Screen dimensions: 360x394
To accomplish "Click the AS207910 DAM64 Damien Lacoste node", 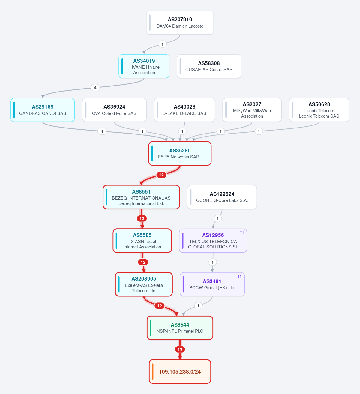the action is pyautogui.click(x=180, y=23).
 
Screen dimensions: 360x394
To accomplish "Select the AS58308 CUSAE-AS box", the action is pyautogui.click(x=209, y=66).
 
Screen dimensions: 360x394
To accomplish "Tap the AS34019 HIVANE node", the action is pyautogui.click(x=144, y=66).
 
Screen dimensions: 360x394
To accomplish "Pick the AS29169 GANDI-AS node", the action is pyautogui.click(x=43, y=110).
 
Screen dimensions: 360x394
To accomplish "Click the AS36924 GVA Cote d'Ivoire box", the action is pyautogui.click(x=114, y=110).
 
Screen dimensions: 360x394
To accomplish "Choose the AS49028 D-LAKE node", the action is pyautogui.click(x=184, y=110).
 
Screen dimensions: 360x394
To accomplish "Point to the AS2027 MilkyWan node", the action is pyautogui.click(x=252, y=110).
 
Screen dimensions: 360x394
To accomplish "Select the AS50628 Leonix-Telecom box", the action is pyautogui.click(x=319, y=110).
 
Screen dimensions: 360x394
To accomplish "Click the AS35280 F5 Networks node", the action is pyautogui.click(x=180, y=153).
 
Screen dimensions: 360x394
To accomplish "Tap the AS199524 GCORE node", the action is pyautogui.click(x=222, y=197).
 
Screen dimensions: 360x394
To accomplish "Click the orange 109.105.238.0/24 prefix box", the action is pyautogui.click(x=180, y=371).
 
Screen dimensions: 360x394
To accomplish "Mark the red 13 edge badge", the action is pyautogui.click(x=180, y=349).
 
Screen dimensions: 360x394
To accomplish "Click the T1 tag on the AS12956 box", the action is pyautogui.click(x=242, y=233).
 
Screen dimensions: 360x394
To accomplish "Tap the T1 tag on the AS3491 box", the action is pyautogui.click(x=239, y=276).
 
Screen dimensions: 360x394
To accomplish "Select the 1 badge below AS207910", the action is pyautogui.click(x=162, y=44).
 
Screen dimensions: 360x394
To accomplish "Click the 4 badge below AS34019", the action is pyautogui.click(x=95, y=88).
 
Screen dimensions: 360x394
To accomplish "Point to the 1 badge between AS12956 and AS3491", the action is pyautogui.click(x=212, y=262).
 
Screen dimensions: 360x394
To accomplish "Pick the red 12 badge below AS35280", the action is pyautogui.click(x=161, y=175).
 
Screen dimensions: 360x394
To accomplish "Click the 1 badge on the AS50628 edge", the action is pyautogui.click(x=259, y=131).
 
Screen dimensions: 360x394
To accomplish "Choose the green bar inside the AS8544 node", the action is pyautogui.click(x=151, y=328).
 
